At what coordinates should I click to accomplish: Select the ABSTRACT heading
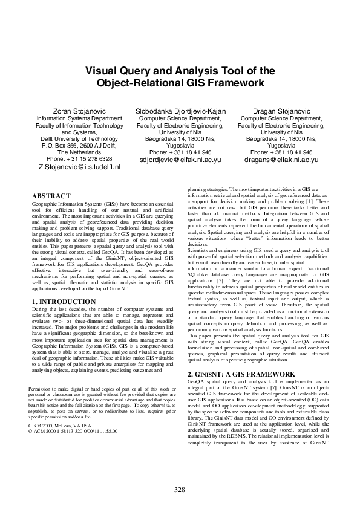[51, 196]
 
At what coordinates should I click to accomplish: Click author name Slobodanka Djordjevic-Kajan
[180, 112]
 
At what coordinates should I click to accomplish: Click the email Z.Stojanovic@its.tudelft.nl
[79, 166]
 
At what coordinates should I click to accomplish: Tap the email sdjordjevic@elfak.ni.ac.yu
[180, 160]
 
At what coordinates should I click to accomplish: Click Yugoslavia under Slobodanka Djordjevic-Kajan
[180, 145]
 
